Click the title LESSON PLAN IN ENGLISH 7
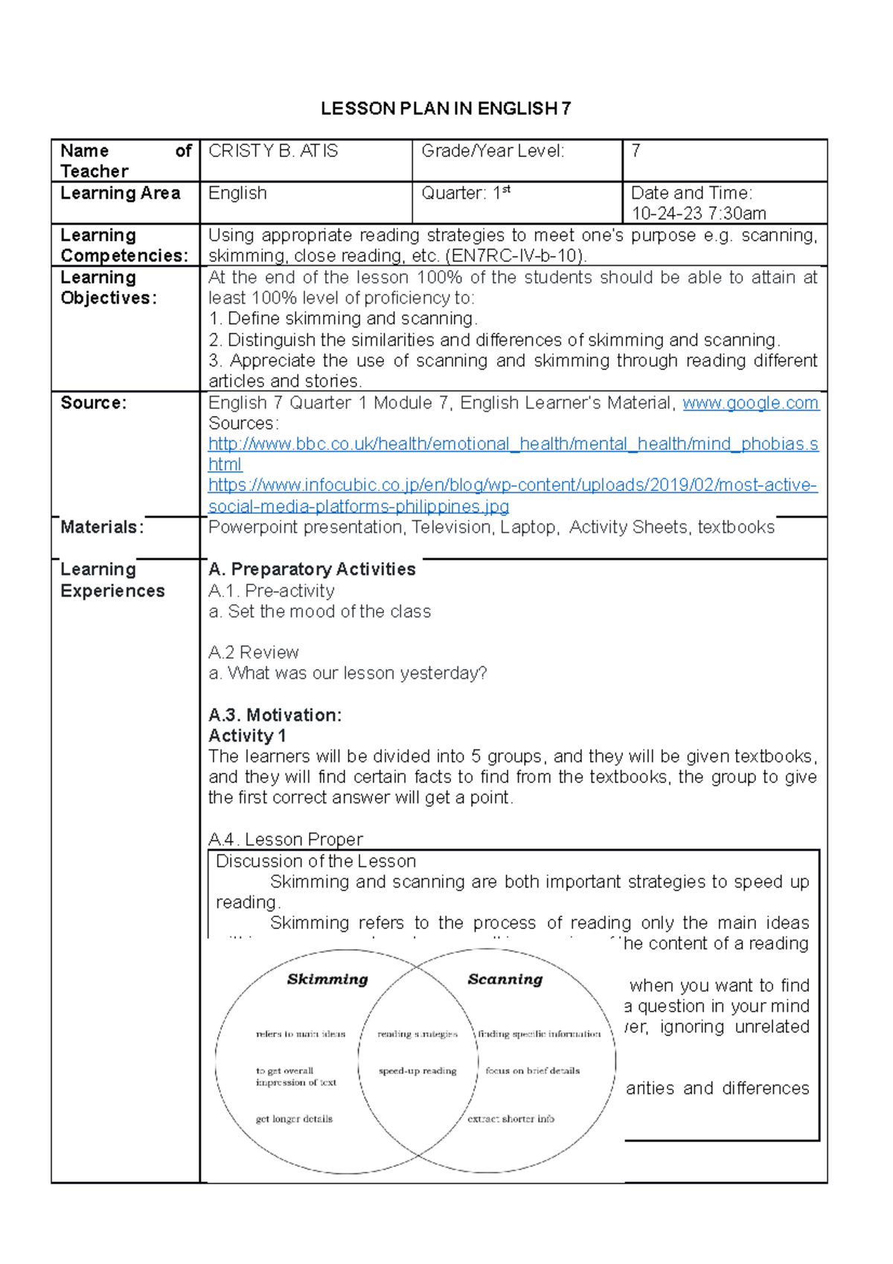(x=446, y=109)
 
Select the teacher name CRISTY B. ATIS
(x=272, y=151)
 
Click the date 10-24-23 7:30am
(x=698, y=214)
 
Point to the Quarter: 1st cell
(x=465, y=193)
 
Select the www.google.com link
(x=750, y=403)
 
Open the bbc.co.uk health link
(x=513, y=444)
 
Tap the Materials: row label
(x=102, y=527)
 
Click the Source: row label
(x=93, y=403)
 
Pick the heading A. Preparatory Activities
(x=312, y=569)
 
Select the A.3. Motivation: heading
(x=275, y=715)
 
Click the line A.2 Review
(x=253, y=653)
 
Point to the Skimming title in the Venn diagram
(x=327, y=980)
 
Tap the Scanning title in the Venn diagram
(x=505, y=980)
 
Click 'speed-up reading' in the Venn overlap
(x=417, y=1071)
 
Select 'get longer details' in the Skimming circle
(x=294, y=1119)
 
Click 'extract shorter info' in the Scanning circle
(x=510, y=1119)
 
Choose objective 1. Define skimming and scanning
(x=342, y=319)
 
